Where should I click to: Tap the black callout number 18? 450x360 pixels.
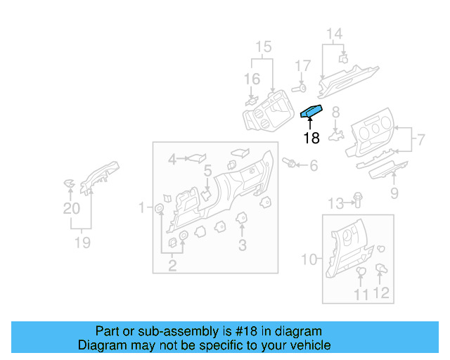[x=311, y=139]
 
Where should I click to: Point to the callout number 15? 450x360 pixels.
[x=263, y=47]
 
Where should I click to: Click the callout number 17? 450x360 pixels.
[x=302, y=66]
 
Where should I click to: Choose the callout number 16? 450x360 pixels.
[x=252, y=79]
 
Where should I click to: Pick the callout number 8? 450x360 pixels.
[x=336, y=111]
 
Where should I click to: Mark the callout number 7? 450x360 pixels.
[x=420, y=139]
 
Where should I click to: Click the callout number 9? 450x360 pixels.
[x=394, y=193]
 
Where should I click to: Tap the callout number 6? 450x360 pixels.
[x=314, y=165]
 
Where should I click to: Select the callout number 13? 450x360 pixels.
[x=337, y=204]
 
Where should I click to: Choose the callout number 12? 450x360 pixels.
[x=382, y=294]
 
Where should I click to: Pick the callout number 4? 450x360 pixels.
[x=172, y=160]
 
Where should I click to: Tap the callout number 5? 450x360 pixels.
[x=208, y=170]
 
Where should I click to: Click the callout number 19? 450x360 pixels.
[x=83, y=243]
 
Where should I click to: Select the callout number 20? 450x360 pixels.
[x=72, y=208]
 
